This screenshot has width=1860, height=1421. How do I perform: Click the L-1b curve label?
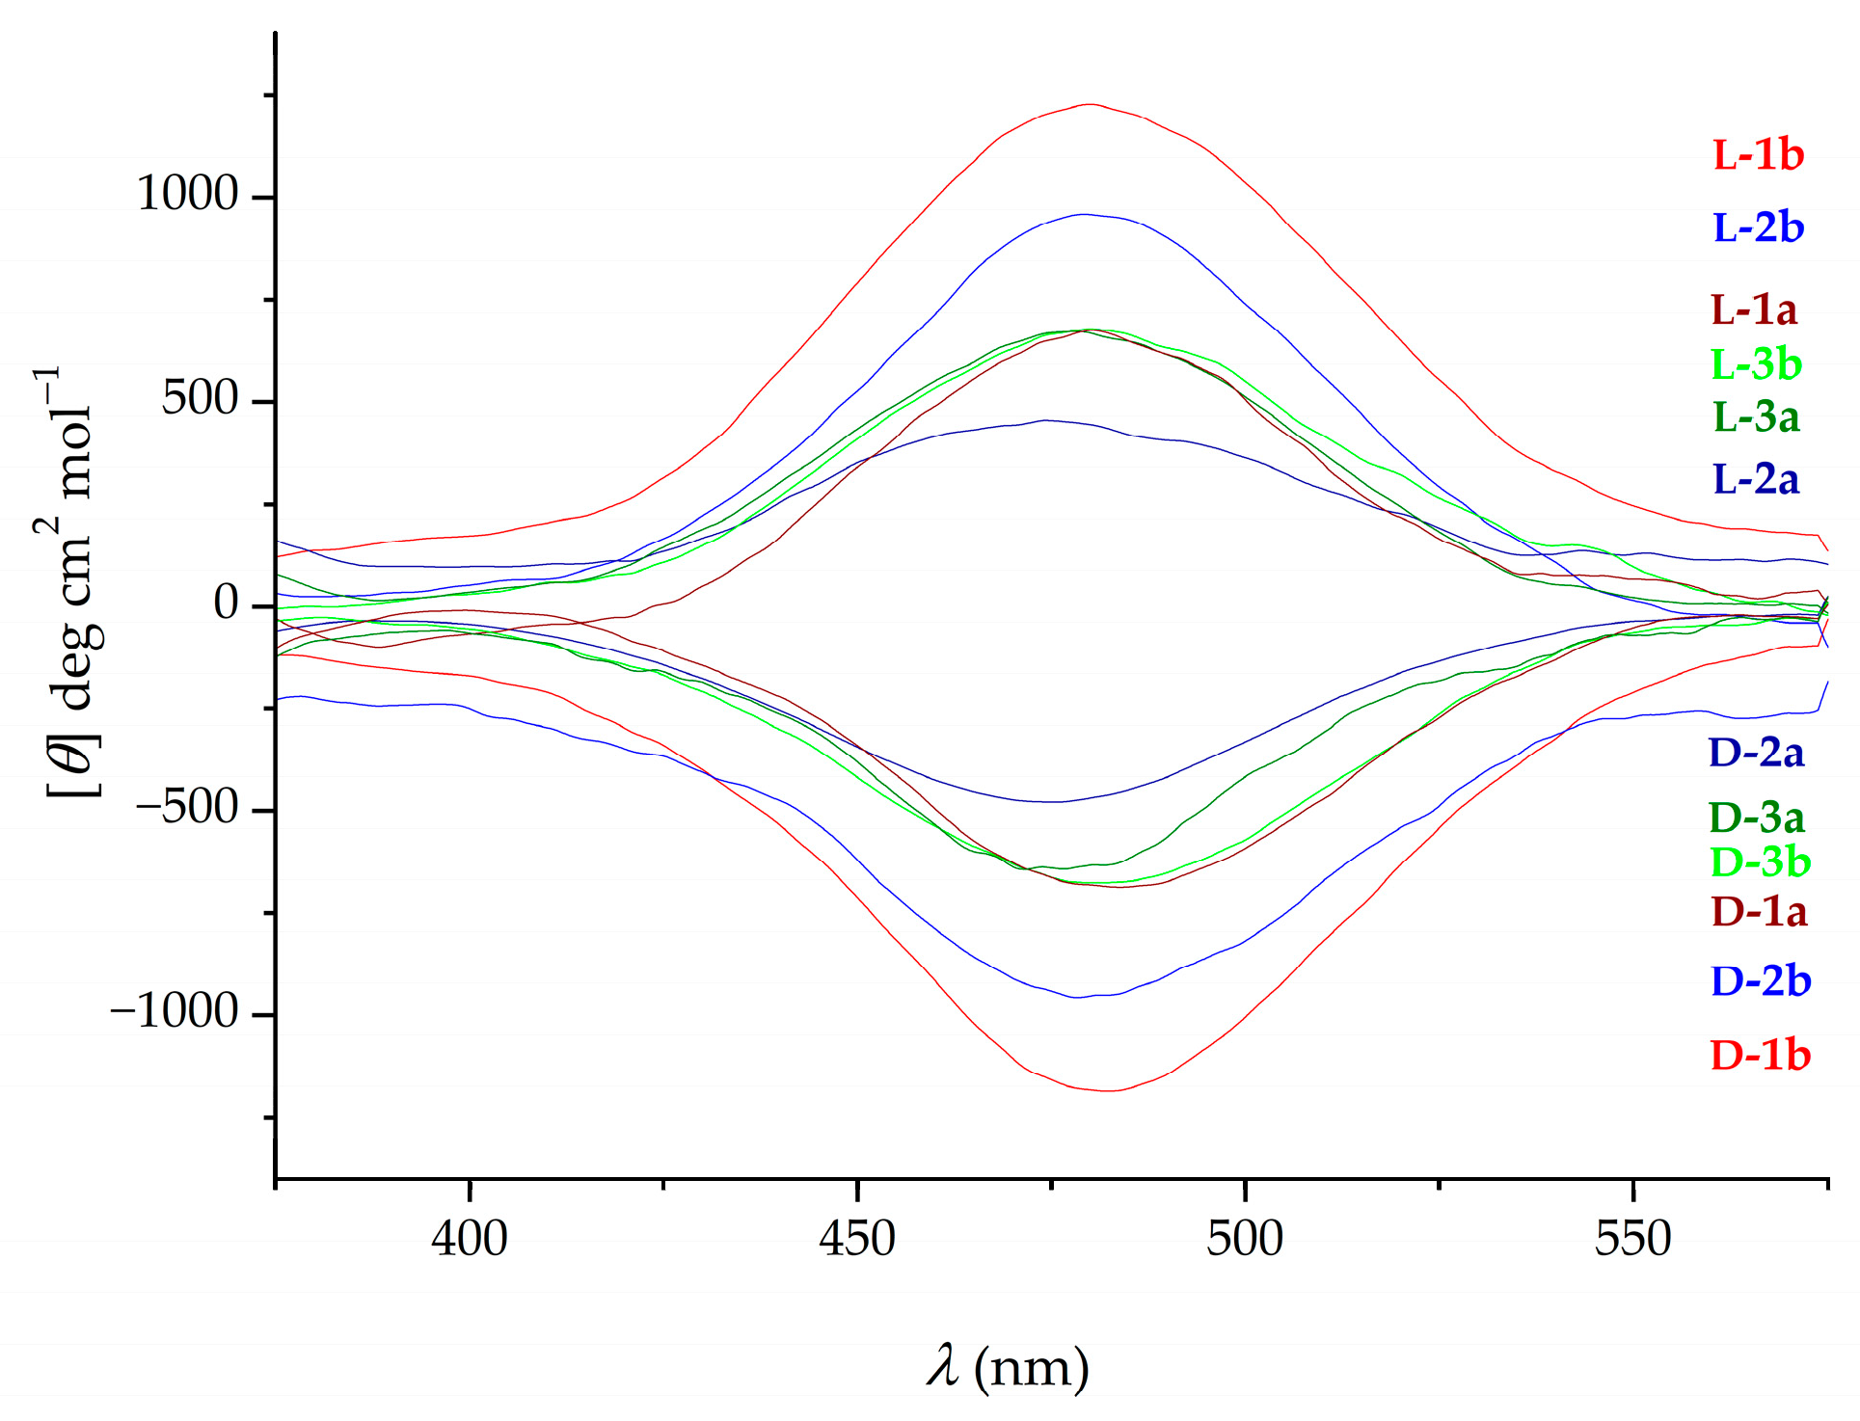click(1758, 155)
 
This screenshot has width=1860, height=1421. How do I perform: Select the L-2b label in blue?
click(1758, 228)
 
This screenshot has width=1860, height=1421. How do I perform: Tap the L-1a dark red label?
click(1754, 309)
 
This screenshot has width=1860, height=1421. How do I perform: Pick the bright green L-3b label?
click(1756, 363)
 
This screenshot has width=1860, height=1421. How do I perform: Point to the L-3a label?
click(1756, 416)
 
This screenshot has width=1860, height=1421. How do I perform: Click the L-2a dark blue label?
click(1756, 479)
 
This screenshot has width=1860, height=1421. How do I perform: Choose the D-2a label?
click(1756, 753)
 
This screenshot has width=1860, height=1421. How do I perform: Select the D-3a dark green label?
click(1756, 818)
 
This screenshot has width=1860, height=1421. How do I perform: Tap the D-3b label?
click(1760, 862)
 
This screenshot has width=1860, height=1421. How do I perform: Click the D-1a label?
click(1759, 911)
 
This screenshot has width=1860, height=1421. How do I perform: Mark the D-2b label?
click(1761, 981)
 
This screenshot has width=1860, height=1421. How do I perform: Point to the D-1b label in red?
click(1761, 1056)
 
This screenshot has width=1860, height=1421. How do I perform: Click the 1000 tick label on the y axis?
click(187, 194)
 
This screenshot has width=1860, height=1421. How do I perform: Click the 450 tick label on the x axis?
click(857, 1239)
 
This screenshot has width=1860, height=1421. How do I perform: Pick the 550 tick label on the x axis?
click(1632, 1239)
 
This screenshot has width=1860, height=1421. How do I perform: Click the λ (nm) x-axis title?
click(1009, 1367)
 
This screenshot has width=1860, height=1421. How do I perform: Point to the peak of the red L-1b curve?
click(1090, 104)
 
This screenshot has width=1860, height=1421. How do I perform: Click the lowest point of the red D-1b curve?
click(1109, 1090)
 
